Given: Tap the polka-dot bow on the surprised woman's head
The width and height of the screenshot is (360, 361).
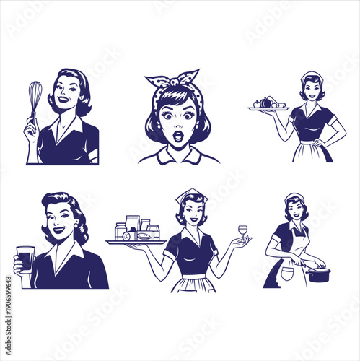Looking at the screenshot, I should click(172, 80).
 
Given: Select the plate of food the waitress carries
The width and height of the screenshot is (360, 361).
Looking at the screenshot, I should click(268, 105).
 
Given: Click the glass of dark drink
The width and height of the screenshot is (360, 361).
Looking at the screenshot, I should click(25, 258).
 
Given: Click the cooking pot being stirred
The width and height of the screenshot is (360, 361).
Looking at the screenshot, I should click(318, 274).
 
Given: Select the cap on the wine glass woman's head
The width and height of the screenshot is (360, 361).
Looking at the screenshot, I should click(192, 195).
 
